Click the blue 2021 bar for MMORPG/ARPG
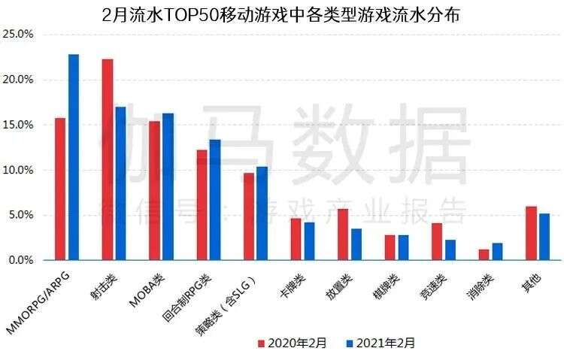pos(73,157)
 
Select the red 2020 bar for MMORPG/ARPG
pos(60,189)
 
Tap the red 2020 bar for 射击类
pos(108,159)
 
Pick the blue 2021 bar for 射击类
pos(120,183)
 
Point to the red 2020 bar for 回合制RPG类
pos(202,204)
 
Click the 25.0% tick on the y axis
pos(18,35)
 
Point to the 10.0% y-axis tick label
pos(18,170)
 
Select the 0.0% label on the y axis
pos(20,260)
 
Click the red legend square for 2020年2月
pos(262,343)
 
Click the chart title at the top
pos(282,14)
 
